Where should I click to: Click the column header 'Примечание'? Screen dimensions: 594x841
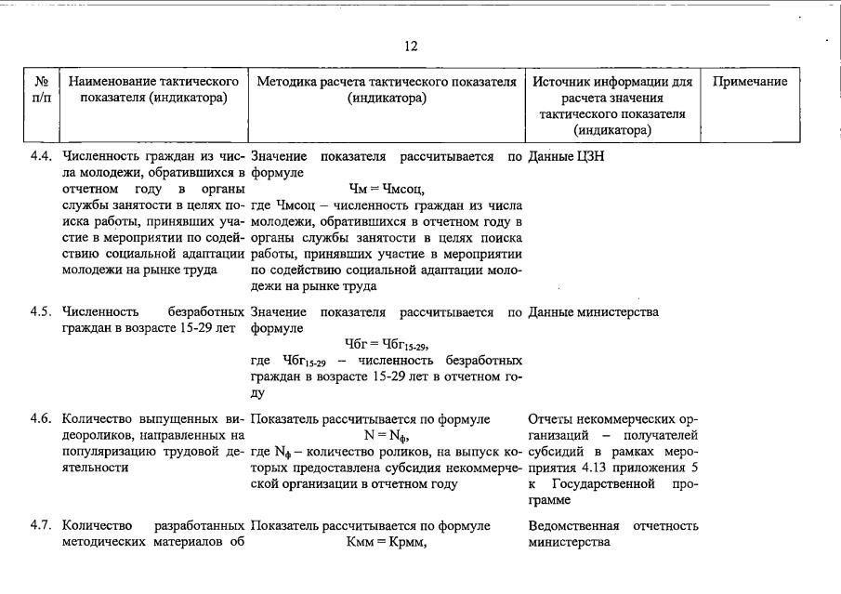pos(750,82)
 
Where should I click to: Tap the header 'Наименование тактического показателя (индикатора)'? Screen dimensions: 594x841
pos(154,90)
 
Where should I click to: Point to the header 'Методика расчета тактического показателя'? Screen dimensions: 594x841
pos(387,90)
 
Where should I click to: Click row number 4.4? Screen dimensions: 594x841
pos(42,157)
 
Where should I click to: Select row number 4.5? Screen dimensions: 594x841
pos(42,312)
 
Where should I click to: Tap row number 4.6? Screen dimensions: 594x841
pos(42,419)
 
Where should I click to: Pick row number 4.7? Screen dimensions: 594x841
pos(42,526)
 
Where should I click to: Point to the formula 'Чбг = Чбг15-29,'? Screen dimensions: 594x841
pos(387,346)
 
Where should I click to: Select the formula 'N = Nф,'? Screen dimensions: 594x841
pos(387,436)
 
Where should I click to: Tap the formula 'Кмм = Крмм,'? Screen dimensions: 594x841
pos(387,543)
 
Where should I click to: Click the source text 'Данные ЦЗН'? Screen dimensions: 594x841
pos(566,157)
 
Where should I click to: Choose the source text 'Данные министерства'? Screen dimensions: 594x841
pos(593,312)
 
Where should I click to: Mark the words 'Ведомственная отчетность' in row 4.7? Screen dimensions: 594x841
pos(612,526)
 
